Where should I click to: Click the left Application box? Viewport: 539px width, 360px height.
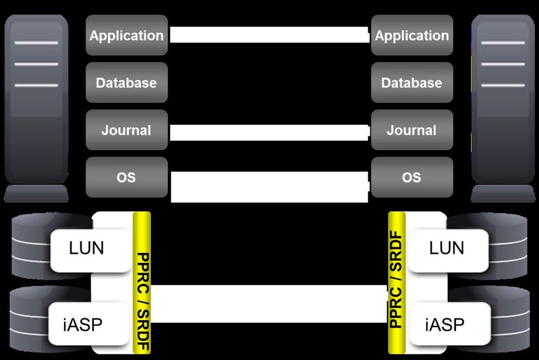[x=127, y=35]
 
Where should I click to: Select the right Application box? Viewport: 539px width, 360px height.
[x=412, y=35]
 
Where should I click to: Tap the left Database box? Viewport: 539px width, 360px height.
[x=127, y=83]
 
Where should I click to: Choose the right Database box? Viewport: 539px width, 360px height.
[x=412, y=83]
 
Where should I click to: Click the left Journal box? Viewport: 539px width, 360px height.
[x=127, y=131]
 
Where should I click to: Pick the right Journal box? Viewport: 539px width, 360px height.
[x=412, y=131]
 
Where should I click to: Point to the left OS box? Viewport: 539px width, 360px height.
[x=127, y=177]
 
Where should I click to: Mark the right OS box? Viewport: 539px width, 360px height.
[x=412, y=177]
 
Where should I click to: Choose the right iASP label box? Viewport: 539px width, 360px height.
[x=446, y=324]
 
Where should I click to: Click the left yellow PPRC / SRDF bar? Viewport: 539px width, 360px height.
[x=142, y=283]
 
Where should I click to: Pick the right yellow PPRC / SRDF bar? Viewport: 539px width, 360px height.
[x=397, y=283]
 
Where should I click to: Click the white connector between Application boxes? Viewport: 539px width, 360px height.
[x=269, y=35]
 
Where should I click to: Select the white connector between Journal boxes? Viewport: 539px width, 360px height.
[x=269, y=132]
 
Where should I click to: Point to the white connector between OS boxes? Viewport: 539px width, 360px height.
[x=269, y=186]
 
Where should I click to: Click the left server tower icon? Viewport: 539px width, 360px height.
[x=36, y=108]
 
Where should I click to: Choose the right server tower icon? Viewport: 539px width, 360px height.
[x=503, y=108]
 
